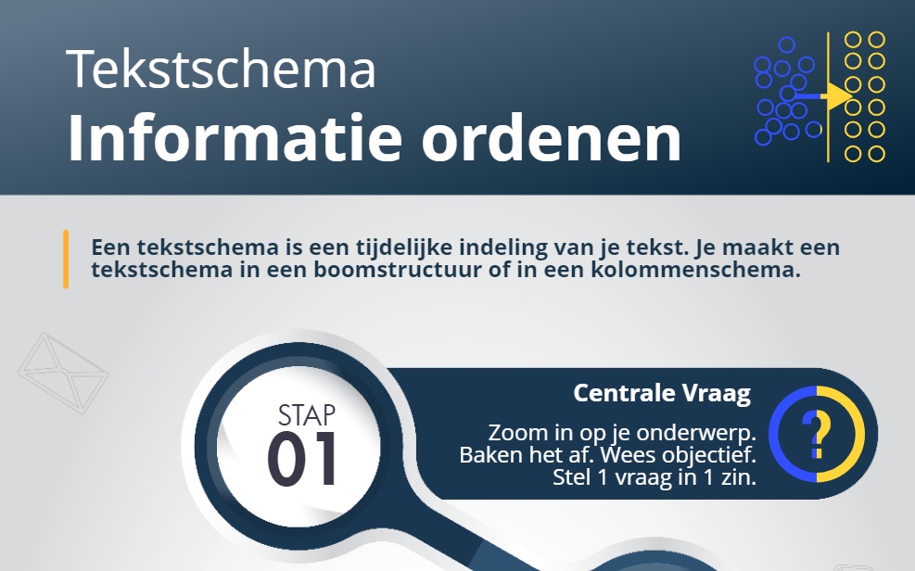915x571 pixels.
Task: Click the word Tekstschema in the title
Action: (221, 69)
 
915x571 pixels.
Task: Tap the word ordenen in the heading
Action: (552, 137)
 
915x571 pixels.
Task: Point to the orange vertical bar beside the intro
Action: (66, 259)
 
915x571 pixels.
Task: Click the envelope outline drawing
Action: (63, 374)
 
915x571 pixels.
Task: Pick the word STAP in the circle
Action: (306, 416)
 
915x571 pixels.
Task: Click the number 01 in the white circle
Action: (303, 459)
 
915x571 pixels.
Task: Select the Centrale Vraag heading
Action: (662, 393)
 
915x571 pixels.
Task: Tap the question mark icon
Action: (817, 434)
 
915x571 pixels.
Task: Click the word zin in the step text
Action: (737, 477)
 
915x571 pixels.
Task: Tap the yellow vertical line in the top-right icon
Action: (828, 96)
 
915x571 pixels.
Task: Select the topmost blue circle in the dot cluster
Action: (787, 44)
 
